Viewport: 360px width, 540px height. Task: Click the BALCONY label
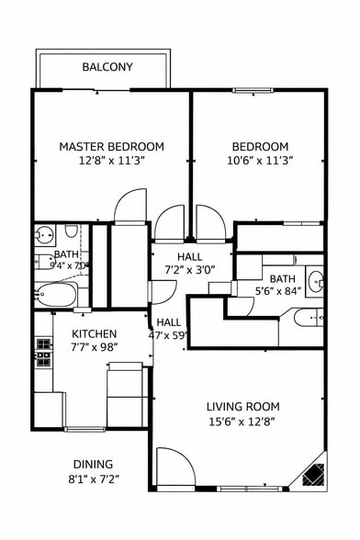[x=107, y=67]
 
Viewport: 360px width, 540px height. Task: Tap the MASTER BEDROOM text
[x=112, y=146]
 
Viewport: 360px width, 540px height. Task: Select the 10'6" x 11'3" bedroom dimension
[x=259, y=160]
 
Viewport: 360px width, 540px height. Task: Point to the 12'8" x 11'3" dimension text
[x=112, y=160]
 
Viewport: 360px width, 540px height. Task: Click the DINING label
[x=94, y=464]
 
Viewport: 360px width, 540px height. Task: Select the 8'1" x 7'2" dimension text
[x=94, y=478]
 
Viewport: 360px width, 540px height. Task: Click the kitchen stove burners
[x=43, y=351]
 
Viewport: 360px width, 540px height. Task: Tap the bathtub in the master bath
[x=56, y=295]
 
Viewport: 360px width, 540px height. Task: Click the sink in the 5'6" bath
[x=315, y=280]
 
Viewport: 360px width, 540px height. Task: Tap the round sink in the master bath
[x=43, y=233]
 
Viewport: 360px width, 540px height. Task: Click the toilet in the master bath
[x=44, y=260]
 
